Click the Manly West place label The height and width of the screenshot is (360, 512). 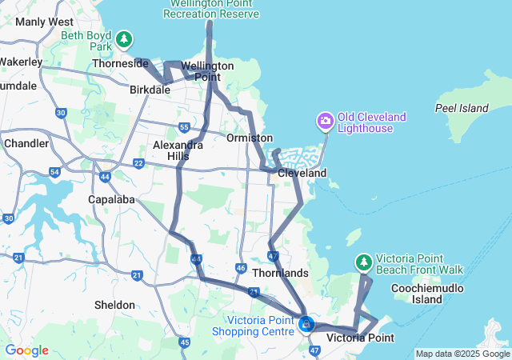tap(44, 22)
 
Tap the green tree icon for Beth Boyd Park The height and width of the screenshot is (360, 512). tap(123, 38)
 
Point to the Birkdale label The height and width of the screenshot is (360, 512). tap(150, 90)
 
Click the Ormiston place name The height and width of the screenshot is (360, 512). tap(250, 138)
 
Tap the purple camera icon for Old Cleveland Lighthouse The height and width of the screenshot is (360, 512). tap(325, 121)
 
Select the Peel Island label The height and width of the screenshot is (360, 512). tap(462, 107)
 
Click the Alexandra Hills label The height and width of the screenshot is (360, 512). tap(178, 150)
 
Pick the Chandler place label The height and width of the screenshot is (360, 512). tap(26, 142)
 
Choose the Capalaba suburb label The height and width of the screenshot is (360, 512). tap(112, 199)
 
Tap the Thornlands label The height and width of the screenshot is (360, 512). tap(280, 273)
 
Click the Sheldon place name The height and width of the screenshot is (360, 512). tap(115, 305)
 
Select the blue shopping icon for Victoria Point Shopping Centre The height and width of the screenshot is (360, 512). tap(306, 325)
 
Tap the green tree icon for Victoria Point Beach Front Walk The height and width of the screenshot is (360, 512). tap(364, 262)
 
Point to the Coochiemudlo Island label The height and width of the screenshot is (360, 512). tap(439, 294)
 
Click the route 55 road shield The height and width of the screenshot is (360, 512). tap(184, 127)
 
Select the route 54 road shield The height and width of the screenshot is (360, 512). tap(54, 172)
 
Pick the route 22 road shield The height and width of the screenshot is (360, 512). tap(138, 163)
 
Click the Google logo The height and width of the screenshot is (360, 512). tap(27, 350)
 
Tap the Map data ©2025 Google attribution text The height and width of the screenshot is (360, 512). tap(462, 354)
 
